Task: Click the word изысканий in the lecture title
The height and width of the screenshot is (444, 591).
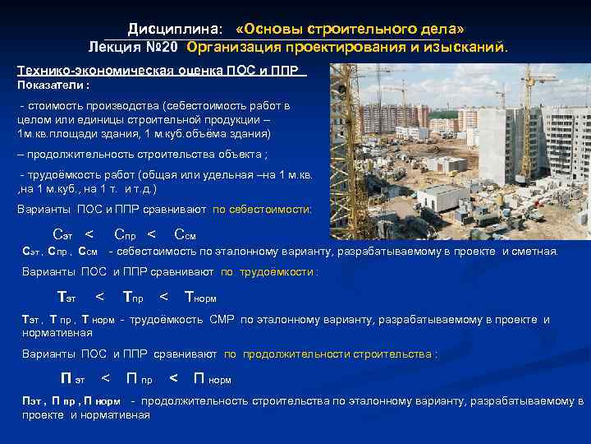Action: pyautogui.click(x=471, y=47)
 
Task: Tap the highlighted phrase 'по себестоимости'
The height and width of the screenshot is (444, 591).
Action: pyautogui.click(x=262, y=210)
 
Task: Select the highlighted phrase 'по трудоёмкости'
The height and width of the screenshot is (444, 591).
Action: pyautogui.click(x=268, y=271)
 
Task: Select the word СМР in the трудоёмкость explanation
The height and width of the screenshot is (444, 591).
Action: pyautogui.click(x=222, y=319)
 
